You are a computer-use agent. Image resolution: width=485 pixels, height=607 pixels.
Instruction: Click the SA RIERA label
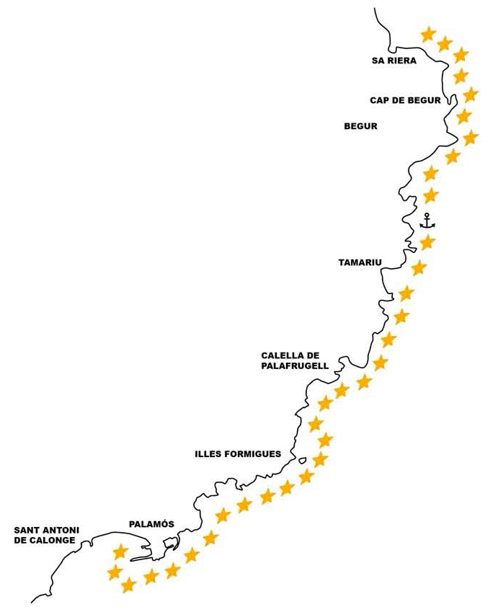click(394, 61)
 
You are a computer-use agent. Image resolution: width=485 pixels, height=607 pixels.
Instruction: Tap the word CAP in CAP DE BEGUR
click(378, 101)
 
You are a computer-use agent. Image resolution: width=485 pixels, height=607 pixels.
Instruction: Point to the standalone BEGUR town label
click(360, 126)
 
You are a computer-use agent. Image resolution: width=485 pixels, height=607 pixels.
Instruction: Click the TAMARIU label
click(360, 262)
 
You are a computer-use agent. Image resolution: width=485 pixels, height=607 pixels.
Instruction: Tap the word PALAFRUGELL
click(295, 365)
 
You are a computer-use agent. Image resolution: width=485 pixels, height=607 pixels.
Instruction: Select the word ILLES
click(209, 454)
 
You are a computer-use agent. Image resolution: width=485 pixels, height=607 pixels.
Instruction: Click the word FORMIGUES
click(254, 454)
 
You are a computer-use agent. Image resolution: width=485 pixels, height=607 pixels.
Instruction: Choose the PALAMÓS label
click(151, 524)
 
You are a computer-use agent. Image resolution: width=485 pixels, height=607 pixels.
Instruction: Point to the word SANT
click(26, 530)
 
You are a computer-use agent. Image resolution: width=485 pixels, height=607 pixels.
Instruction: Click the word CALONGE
click(53, 541)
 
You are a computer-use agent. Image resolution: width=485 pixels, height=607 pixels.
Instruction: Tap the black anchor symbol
click(427, 221)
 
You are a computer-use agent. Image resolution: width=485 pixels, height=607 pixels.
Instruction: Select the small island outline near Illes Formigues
click(303, 460)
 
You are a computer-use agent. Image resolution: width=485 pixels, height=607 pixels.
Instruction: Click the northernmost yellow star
click(428, 35)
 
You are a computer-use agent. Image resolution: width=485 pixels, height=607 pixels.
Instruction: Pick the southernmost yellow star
click(128, 585)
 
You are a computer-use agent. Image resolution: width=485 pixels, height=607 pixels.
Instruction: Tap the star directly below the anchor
click(427, 243)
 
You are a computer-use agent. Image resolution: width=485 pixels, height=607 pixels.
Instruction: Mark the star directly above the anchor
click(430, 195)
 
